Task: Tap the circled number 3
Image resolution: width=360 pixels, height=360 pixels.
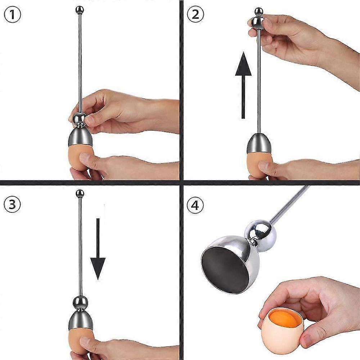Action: pos(12,205)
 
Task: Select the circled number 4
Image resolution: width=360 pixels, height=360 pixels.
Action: pos(195,206)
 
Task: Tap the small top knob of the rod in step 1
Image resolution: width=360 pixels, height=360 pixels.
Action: pos(80,9)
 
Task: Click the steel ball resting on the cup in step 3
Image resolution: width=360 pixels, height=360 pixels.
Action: pos(80,302)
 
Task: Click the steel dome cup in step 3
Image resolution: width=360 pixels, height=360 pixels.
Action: pos(80,319)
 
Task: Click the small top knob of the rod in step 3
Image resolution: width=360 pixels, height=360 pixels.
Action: pos(80,194)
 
